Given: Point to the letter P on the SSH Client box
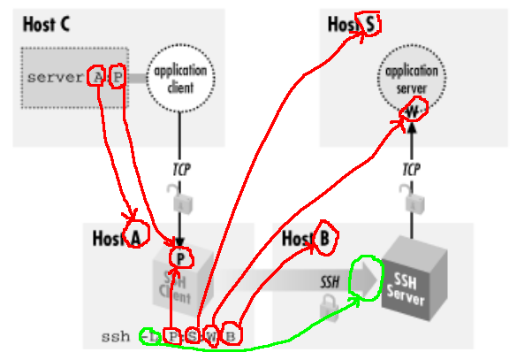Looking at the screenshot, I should point(181,258).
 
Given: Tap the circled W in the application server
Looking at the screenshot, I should point(413,110).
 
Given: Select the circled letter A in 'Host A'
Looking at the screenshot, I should point(135,236).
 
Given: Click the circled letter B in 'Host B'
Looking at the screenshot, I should point(324,238).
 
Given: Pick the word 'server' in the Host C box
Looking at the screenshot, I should point(55,77).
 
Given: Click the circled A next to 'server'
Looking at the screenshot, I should point(97,77).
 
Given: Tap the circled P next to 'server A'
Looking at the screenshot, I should point(118,77).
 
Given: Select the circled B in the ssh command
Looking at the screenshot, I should point(230,335).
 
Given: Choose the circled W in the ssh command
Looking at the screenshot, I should point(210,335).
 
